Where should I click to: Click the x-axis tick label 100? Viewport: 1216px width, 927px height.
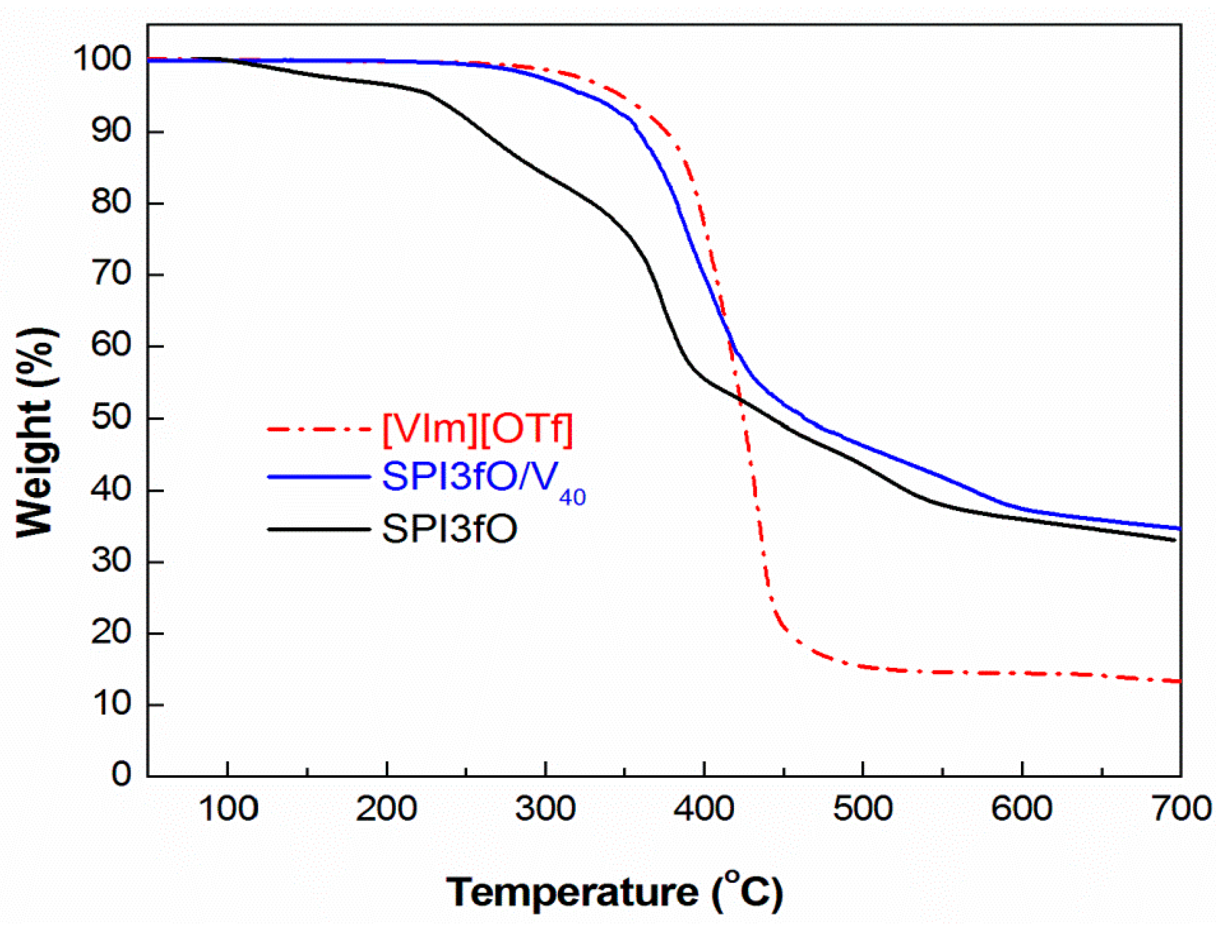point(228,809)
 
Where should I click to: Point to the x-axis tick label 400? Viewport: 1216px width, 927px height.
point(704,809)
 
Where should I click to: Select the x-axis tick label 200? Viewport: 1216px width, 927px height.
point(386,809)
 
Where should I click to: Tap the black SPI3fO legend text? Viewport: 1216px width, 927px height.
point(449,529)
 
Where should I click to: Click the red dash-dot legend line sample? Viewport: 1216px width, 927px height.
point(318,429)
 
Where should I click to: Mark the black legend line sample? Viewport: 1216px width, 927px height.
point(318,530)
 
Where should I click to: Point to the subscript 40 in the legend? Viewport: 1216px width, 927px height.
point(572,498)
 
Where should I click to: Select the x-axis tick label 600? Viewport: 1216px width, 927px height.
point(1022,809)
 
